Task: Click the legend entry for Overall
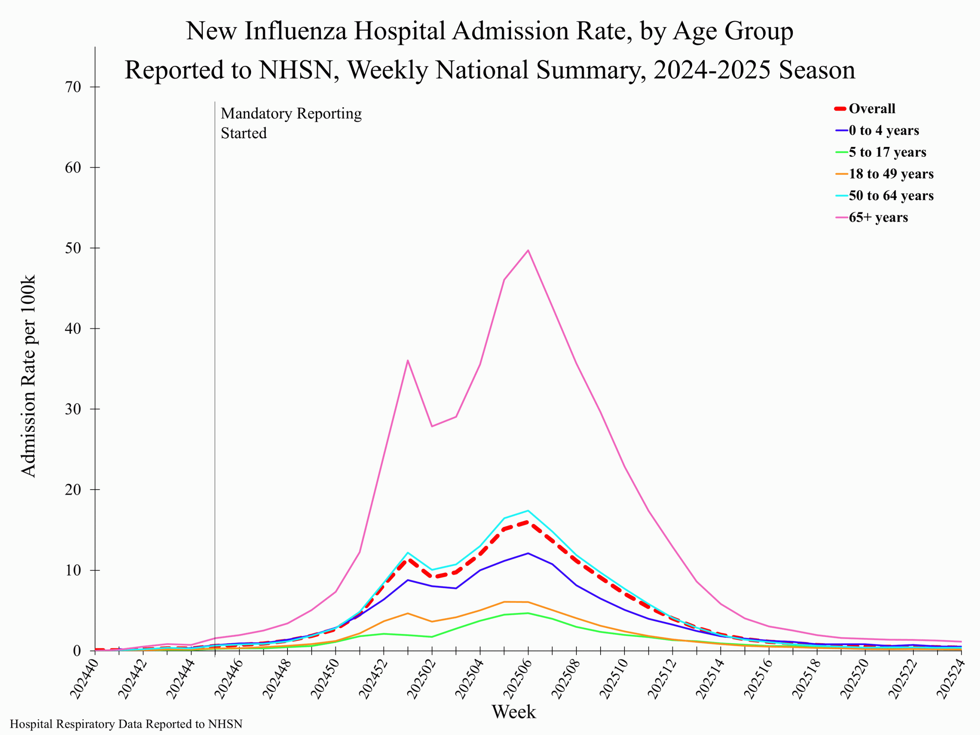coord(871,109)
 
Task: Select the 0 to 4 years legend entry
coord(884,130)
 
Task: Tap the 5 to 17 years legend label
coord(887,152)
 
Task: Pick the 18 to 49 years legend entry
coord(890,174)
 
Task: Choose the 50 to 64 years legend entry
coord(890,195)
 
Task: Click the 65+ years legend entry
coord(878,217)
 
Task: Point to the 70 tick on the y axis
coord(73,87)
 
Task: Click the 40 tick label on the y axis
coord(73,328)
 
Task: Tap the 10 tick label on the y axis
coord(73,570)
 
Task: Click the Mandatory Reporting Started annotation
coord(291,123)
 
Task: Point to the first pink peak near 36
coord(408,360)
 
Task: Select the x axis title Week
coord(513,712)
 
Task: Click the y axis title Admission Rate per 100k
coord(28,376)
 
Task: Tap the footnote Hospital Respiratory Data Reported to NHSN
coord(126,724)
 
